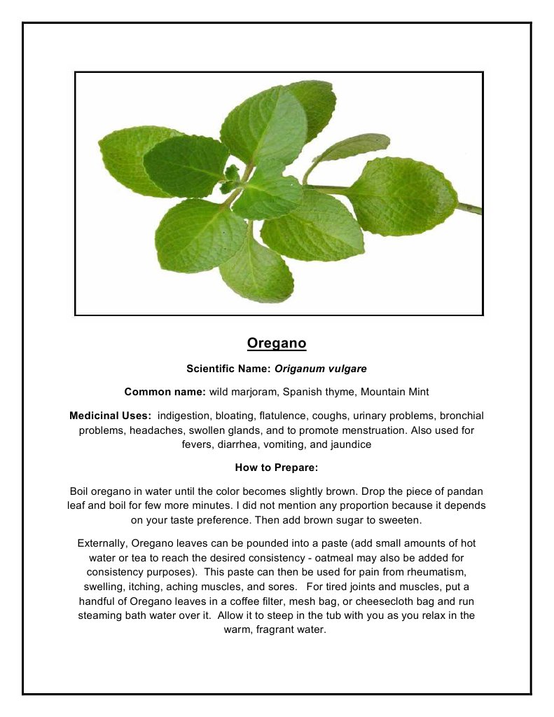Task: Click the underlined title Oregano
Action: coord(277,343)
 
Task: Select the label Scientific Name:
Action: coord(229,368)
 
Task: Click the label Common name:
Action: coord(165,392)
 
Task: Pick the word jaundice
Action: coord(349,444)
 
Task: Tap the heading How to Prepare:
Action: coord(277,468)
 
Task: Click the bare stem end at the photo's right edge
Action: coord(474,208)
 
